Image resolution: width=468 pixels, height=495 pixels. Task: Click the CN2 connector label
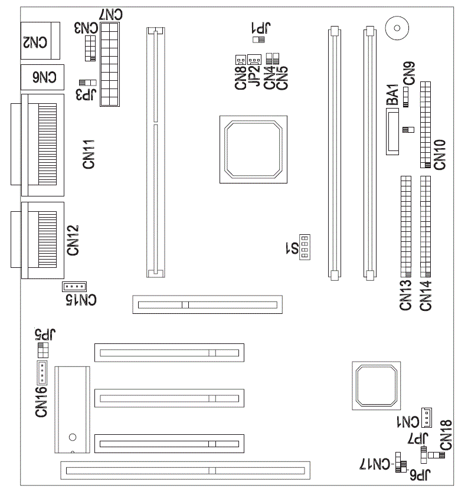[35, 42]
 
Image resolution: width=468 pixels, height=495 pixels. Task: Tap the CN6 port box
[42, 77]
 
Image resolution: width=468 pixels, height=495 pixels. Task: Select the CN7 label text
[110, 14]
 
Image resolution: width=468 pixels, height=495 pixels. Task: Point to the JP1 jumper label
[261, 28]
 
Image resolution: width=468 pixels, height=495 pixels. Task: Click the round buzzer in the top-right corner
[397, 28]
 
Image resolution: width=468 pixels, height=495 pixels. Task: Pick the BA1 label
[392, 94]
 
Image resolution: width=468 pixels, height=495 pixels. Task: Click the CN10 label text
[440, 155]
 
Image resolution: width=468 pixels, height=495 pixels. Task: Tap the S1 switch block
[305, 247]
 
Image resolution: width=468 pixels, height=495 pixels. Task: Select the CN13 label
[406, 295]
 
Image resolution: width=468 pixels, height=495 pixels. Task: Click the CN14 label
[426, 296]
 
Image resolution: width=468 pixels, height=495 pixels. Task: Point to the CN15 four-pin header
[74, 287]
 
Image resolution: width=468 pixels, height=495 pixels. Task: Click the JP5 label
[45, 334]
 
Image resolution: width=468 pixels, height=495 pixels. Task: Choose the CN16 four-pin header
[42, 372]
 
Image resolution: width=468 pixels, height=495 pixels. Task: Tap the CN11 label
[89, 154]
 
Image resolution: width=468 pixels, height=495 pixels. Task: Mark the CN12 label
[73, 240]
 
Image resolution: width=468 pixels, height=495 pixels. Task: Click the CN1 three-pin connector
[427, 417]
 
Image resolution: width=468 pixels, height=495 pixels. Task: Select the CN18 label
[446, 435]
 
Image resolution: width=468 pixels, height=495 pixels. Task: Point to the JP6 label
[420, 474]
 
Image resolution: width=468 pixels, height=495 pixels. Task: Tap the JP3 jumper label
[86, 94]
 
